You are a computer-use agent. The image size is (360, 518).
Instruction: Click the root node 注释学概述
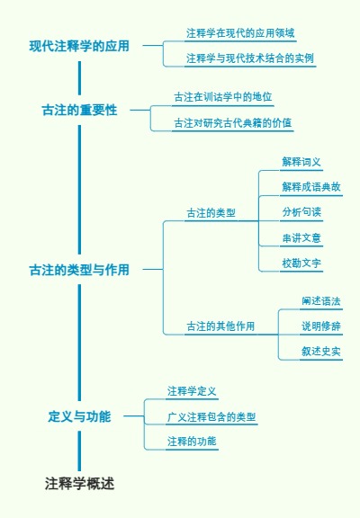79,484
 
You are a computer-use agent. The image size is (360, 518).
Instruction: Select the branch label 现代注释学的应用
79,45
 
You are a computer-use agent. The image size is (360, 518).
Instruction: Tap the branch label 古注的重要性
79,110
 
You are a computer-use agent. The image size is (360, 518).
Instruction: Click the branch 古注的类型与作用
79,269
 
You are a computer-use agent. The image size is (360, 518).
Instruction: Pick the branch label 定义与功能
79,416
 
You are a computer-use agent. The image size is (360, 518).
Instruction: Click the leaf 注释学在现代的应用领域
240,32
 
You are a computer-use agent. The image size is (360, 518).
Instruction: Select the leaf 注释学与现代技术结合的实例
250,58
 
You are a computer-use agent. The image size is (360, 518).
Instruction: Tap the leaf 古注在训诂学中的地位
222,96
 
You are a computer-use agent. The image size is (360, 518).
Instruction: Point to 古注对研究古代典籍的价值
232,122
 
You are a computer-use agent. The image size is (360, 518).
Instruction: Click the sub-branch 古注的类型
211,213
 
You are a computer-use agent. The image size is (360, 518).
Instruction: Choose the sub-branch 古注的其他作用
220,326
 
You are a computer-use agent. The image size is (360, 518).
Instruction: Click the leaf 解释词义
301,162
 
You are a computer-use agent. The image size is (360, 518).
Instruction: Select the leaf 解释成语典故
311,187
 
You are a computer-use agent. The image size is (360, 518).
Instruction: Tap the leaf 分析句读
301,212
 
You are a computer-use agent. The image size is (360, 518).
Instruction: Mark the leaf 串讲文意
301,238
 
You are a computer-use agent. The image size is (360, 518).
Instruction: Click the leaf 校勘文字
301,263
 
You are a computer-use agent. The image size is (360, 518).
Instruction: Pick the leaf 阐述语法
321,300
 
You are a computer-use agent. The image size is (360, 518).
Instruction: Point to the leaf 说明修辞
321,326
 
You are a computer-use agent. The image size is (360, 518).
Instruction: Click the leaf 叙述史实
321,351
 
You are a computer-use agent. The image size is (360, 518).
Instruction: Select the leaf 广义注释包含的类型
211,417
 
